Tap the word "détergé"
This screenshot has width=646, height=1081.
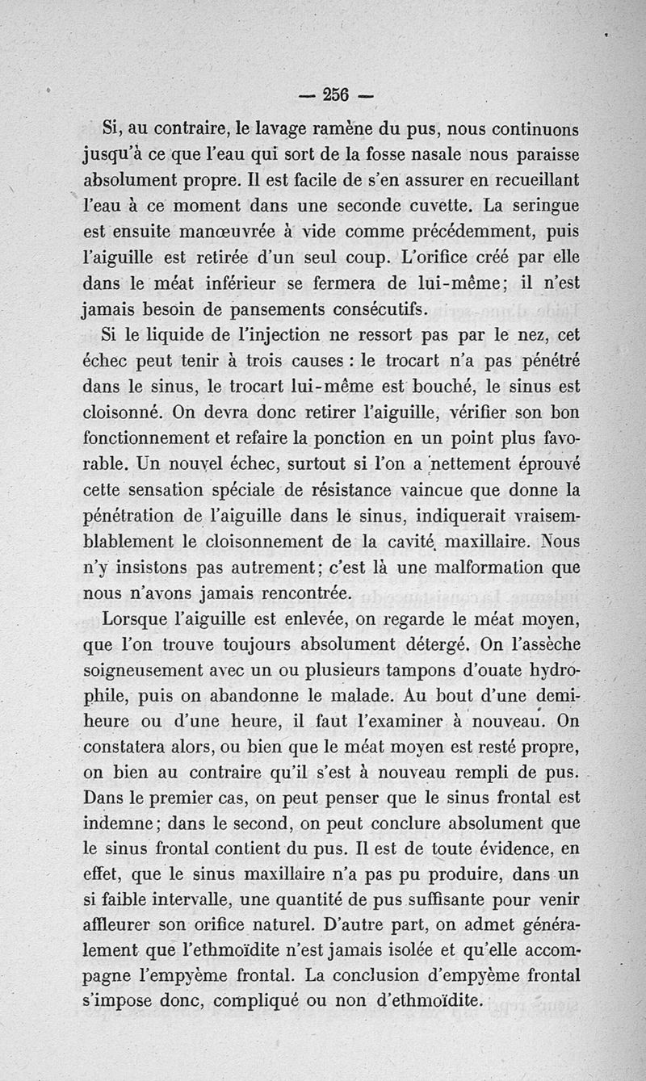(426, 646)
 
